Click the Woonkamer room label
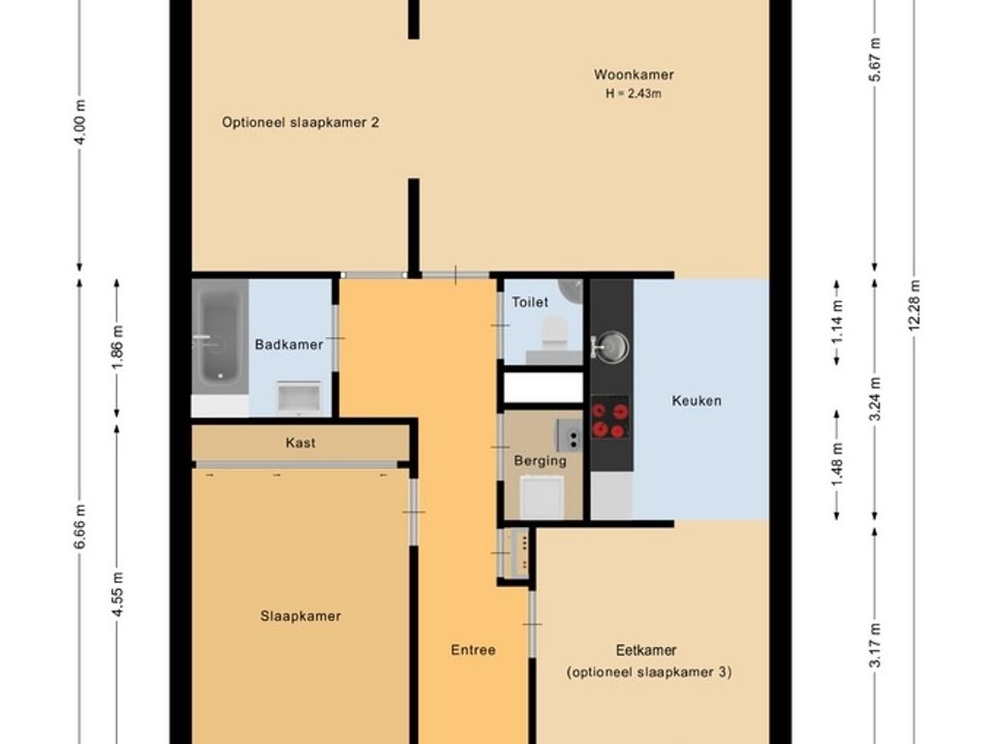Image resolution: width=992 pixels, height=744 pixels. (634, 75)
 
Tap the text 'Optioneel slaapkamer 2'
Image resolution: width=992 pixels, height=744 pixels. (300, 122)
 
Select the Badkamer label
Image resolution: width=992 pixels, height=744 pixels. (289, 345)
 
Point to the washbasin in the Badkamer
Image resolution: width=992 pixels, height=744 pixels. (298, 397)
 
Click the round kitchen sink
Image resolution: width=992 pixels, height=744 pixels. (611, 348)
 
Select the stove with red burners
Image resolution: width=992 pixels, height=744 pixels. (610, 418)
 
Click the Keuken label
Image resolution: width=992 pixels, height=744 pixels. (697, 400)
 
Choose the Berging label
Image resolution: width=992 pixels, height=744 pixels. (541, 460)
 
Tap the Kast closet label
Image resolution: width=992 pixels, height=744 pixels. (300, 443)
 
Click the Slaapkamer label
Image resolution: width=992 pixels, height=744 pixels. (300, 616)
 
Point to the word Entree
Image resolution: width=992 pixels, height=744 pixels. (473, 650)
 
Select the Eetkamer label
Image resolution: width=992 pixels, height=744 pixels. (646, 650)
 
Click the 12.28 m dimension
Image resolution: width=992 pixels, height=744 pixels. (914, 305)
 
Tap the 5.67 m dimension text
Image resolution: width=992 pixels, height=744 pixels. (875, 59)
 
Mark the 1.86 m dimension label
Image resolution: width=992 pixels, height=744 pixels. (117, 348)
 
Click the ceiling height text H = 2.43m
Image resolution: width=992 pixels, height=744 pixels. (634, 94)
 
